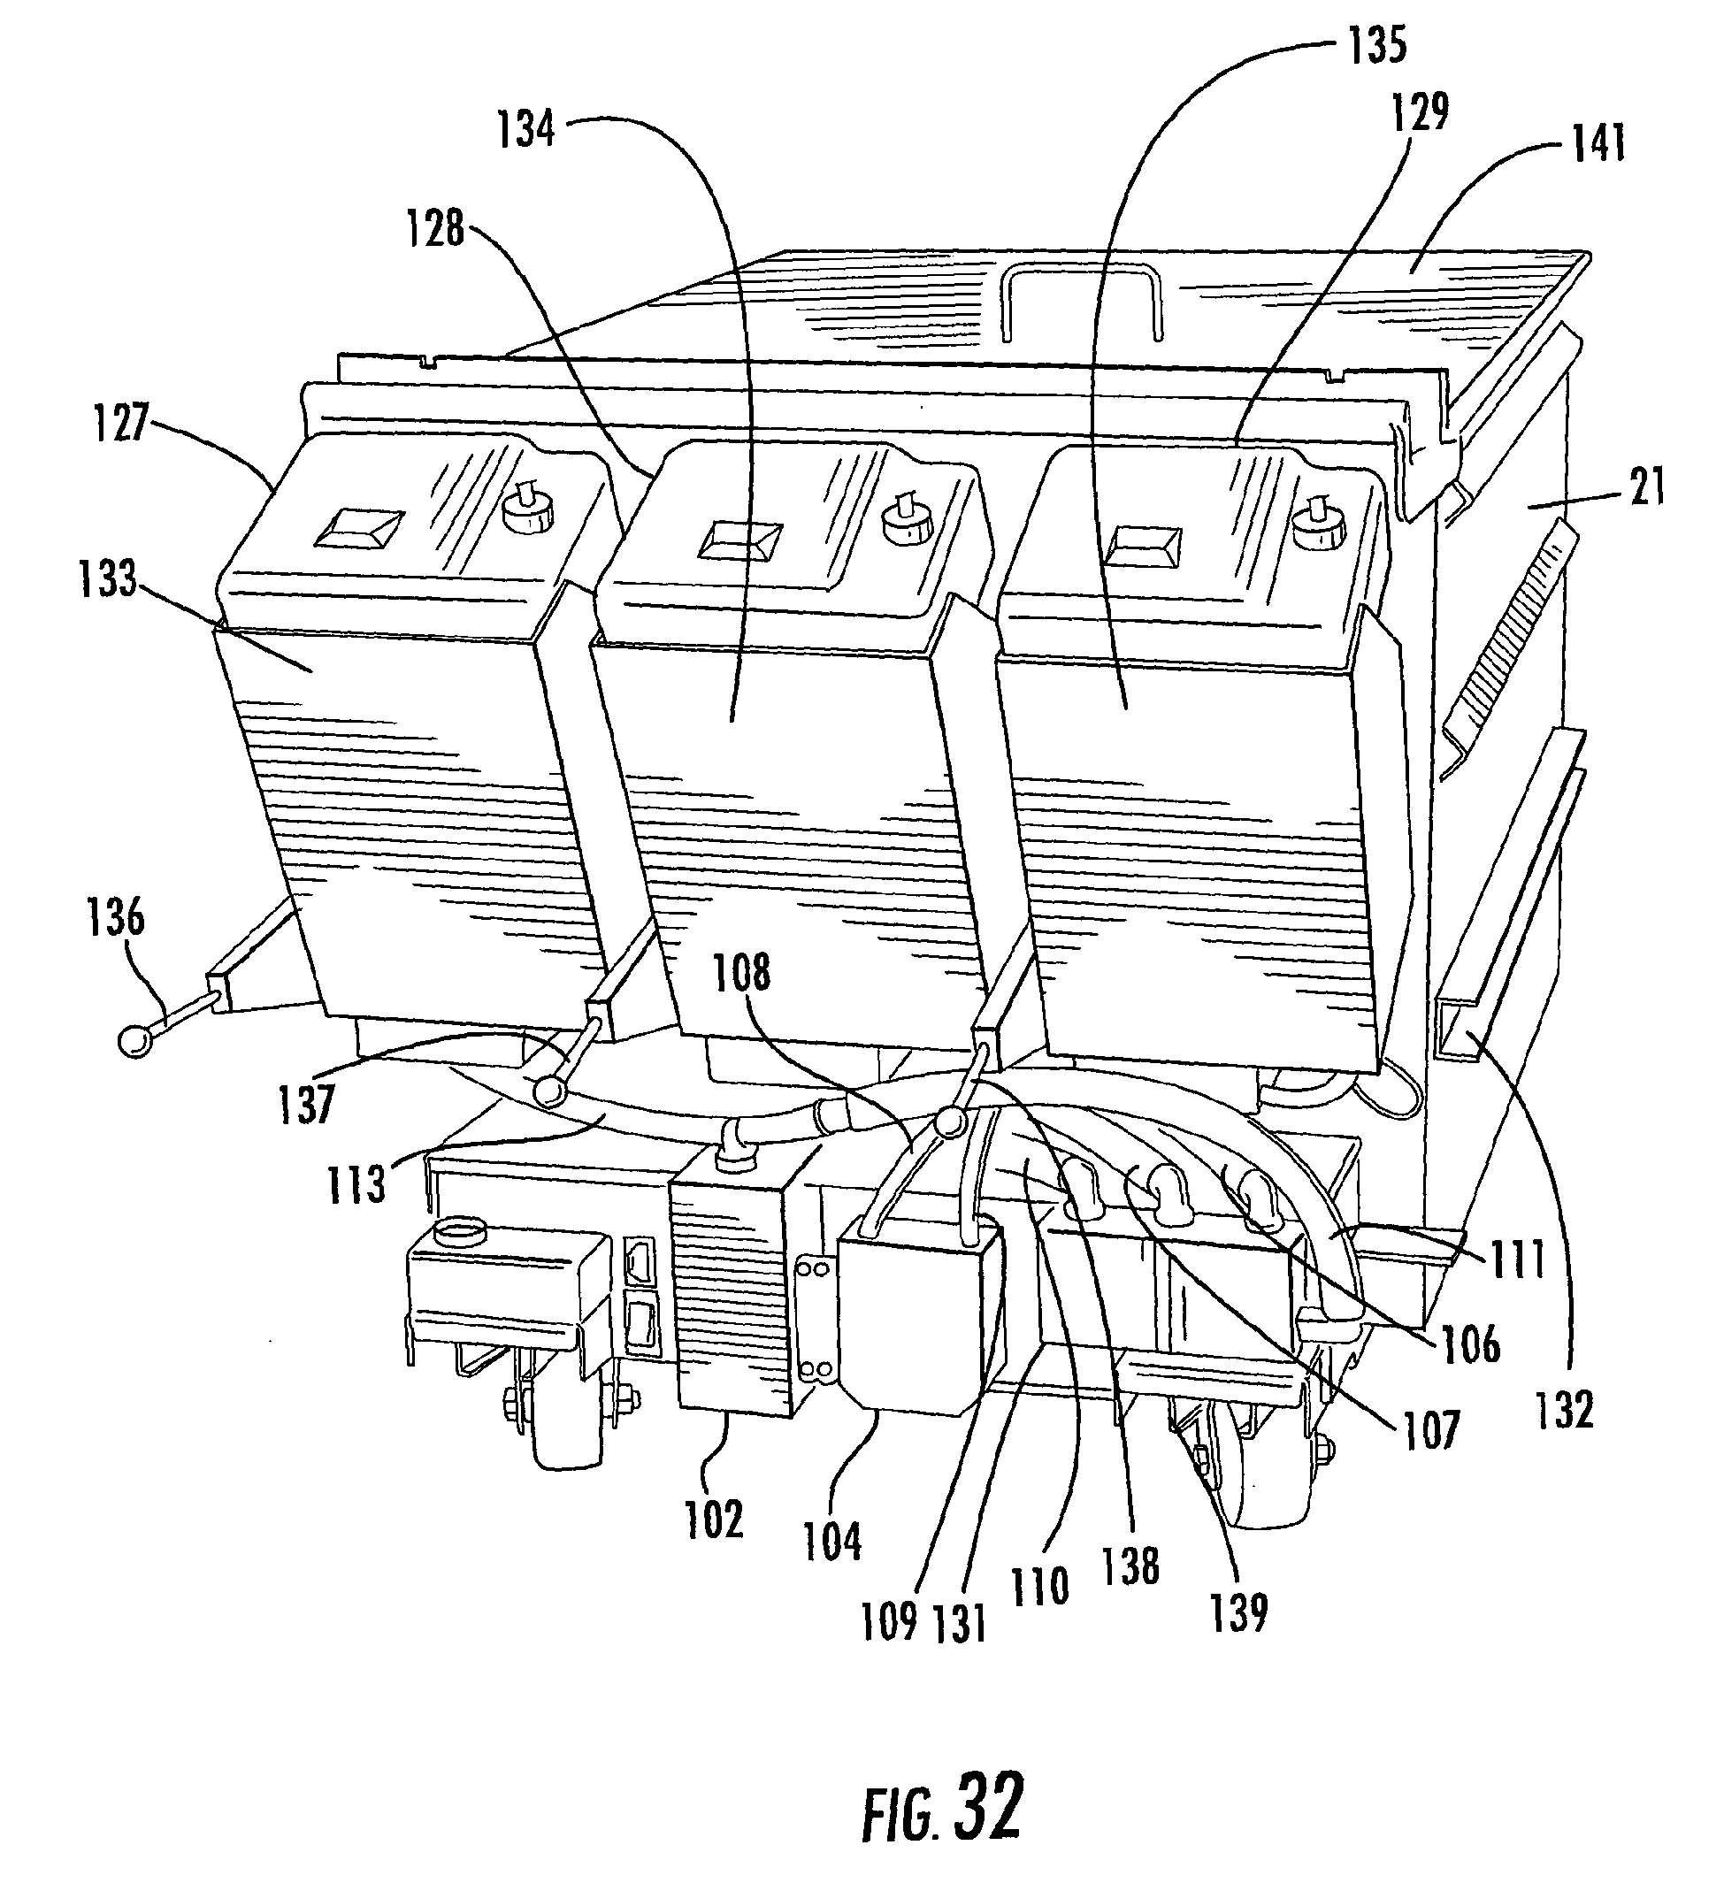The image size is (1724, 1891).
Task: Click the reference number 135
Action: click(x=1376, y=44)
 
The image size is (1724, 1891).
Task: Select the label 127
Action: click(x=121, y=423)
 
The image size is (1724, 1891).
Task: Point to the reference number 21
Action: click(x=1647, y=486)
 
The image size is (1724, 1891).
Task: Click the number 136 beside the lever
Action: click(x=116, y=915)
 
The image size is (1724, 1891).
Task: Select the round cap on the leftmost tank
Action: click(x=529, y=511)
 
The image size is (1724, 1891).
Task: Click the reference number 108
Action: click(x=741, y=973)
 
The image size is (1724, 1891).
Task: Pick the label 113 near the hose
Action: click(x=357, y=1183)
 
